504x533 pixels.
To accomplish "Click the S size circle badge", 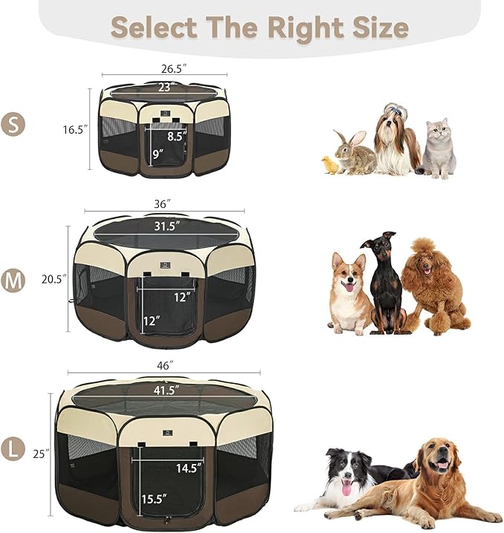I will pyautogui.click(x=13, y=124).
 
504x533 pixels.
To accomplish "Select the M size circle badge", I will pyautogui.click(x=13, y=280).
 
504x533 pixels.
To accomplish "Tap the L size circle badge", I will pyautogui.click(x=13, y=450).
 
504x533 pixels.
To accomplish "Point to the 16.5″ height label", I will pyautogui.click(x=74, y=128).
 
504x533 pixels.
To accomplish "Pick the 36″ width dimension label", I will pyautogui.click(x=163, y=203).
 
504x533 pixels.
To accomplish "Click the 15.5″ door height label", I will pyautogui.click(x=153, y=500).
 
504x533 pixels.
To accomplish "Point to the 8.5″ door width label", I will pyautogui.click(x=176, y=137).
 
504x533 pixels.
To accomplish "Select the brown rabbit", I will pyautogui.click(x=353, y=154).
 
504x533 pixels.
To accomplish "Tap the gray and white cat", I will pyautogui.click(x=439, y=148).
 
